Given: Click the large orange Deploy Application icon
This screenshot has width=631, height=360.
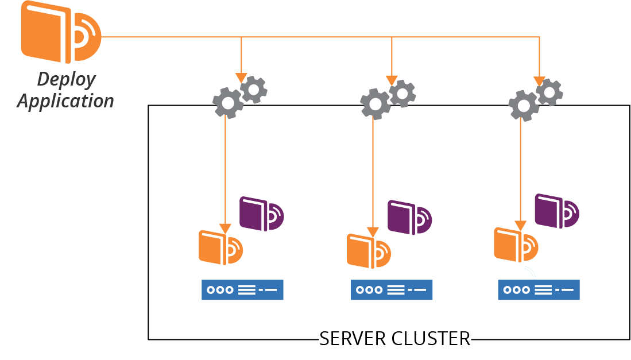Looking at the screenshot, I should pyautogui.click(x=60, y=32).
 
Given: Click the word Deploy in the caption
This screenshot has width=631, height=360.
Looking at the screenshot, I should pyautogui.click(x=66, y=79).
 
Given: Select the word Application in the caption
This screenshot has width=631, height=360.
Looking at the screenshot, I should pyautogui.click(x=65, y=101).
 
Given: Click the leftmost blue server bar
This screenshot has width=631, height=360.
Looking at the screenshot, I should pyautogui.click(x=242, y=290).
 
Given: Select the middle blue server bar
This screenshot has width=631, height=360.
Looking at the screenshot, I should pyautogui.click(x=392, y=290).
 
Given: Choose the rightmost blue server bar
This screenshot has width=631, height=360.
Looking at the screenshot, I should pyautogui.click(x=539, y=290).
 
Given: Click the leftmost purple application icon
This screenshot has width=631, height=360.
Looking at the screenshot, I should pyautogui.click(x=261, y=214).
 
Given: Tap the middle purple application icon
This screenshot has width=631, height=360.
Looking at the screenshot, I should pyautogui.click(x=409, y=217).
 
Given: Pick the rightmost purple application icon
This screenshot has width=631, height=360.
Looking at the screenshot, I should pyautogui.click(x=556, y=211).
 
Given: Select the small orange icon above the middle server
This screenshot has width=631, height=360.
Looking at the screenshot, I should pyautogui.click(x=369, y=251).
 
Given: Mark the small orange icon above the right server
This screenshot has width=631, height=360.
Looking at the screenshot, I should pyautogui.click(x=516, y=245).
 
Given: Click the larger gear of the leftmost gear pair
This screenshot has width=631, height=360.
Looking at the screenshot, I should pyautogui.click(x=228, y=103).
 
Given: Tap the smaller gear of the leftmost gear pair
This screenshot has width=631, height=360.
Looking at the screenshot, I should pyautogui.click(x=253, y=90).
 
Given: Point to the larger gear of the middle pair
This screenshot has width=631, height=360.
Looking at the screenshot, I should pyautogui.click(x=375, y=104).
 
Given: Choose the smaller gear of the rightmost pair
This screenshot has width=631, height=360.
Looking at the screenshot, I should pyautogui.click(x=549, y=92).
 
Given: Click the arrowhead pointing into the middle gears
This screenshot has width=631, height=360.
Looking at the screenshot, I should pyautogui.click(x=392, y=80).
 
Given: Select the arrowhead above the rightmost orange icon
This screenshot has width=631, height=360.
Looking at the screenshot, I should pyautogui.click(x=520, y=226).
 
